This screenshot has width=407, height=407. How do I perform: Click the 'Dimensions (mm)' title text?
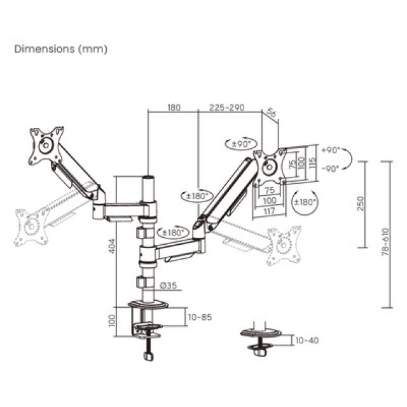click(x=61, y=49)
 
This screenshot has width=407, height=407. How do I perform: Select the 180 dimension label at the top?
click(x=174, y=108)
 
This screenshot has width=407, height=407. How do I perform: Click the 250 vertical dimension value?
click(x=360, y=203)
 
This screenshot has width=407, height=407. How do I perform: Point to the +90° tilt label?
click(x=331, y=151)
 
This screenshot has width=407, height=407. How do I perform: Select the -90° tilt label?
click(x=331, y=168)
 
